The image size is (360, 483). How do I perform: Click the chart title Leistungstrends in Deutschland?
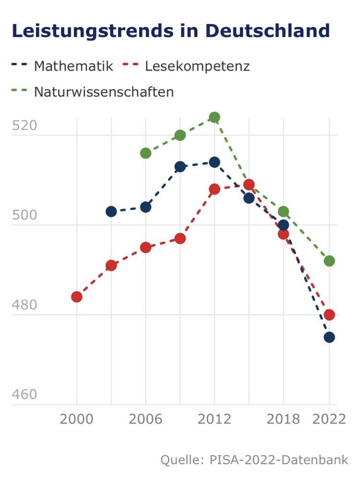click(170, 31)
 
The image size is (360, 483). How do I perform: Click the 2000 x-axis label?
click(77, 419)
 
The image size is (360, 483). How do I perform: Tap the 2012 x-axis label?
click(214, 419)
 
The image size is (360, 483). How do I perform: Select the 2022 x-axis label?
click(329, 419)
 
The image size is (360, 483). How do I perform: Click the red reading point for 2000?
click(77, 297)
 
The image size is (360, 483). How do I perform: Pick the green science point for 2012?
click(215, 117)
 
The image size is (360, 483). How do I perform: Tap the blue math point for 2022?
click(329, 337)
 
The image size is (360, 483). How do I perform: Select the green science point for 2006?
click(145, 153)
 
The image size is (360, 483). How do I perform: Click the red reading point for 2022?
click(329, 315)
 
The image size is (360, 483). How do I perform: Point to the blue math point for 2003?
click(111, 212)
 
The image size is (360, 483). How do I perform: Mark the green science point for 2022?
click(329, 261)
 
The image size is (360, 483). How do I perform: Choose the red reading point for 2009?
click(180, 238)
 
